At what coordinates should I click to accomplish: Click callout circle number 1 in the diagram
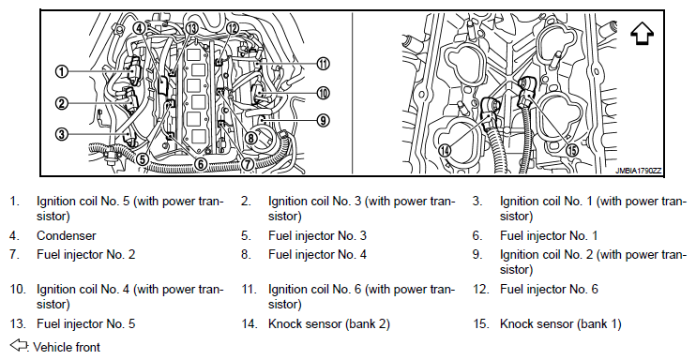tap(62, 71)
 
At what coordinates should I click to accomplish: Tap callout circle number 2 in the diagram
tap(62, 104)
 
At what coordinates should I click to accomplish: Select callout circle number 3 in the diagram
tap(62, 133)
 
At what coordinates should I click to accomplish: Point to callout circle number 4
tap(139, 28)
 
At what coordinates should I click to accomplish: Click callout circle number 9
tap(323, 120)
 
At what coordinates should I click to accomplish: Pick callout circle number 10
tap(323, 93)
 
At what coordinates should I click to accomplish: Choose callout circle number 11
tap(323, 64)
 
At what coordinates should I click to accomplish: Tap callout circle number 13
tap(191, 28)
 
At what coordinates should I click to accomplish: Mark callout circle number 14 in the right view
tap(445, 150)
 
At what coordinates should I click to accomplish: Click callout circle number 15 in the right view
tap(573, 151)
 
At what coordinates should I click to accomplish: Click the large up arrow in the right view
tap(642, 34)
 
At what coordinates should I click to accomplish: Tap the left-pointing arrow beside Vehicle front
tap(19, 344)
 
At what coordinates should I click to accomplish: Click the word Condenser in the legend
tap(67, 235)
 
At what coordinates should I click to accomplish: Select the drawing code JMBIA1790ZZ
tap(638, 171)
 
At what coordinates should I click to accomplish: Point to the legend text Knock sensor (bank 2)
tap(329, 324)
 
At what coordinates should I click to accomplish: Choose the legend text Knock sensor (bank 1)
tap(561, 324)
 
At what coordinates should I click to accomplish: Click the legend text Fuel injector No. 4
tap(317, 255)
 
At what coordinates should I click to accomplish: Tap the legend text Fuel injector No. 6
tap(549, 290)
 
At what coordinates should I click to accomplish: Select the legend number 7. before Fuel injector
tap(16, 255)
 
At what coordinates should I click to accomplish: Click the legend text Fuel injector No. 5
tap(85, 324)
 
